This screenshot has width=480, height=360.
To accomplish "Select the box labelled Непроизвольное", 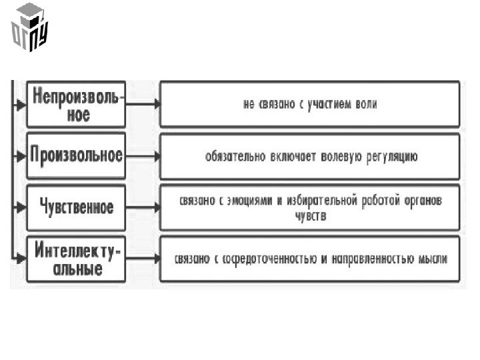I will [76, 105].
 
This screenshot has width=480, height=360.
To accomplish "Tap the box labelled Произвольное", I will [76, 156].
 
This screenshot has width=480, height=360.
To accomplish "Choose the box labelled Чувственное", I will [76, 207].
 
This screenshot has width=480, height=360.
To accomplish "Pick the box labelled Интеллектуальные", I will [76, 259].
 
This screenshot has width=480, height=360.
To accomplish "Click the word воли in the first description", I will [365, 104].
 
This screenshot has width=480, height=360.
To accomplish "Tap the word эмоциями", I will [248, 201].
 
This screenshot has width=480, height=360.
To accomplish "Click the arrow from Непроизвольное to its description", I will [143, 104].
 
